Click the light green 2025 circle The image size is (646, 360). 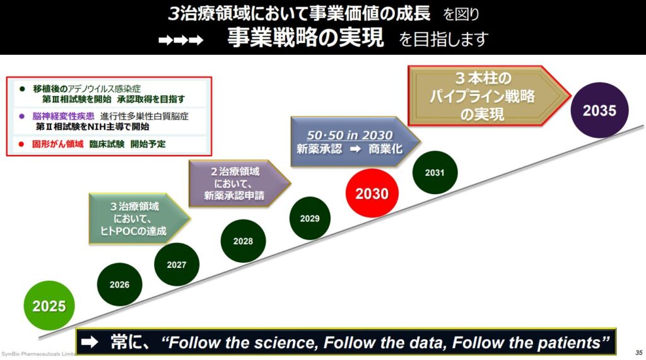49,306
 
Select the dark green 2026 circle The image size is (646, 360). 119,284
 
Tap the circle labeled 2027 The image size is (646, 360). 177,264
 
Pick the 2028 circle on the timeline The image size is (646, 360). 243,241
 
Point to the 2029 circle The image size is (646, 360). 310,218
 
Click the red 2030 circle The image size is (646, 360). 372,193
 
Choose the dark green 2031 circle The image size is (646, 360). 435,173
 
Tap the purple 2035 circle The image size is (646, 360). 599,110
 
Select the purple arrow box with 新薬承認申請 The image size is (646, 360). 239,183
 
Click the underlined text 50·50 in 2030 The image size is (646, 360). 349,135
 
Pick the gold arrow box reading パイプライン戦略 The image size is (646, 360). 489,96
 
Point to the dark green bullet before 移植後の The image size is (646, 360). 22,88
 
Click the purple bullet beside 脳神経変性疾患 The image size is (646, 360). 22,116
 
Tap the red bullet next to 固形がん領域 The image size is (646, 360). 21,144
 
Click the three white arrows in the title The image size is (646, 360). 181,40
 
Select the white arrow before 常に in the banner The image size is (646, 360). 90,342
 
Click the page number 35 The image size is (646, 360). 638,352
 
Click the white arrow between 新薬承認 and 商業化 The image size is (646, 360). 356,149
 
